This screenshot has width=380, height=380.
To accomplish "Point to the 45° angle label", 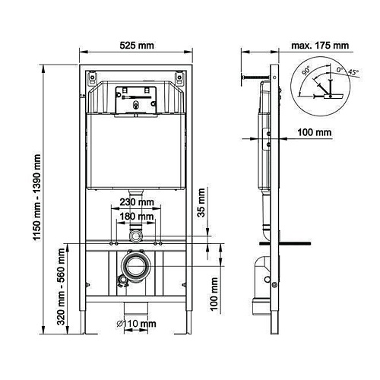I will click(x=353, y=73).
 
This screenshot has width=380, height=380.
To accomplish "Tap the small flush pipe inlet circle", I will click(x=136, y=236).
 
